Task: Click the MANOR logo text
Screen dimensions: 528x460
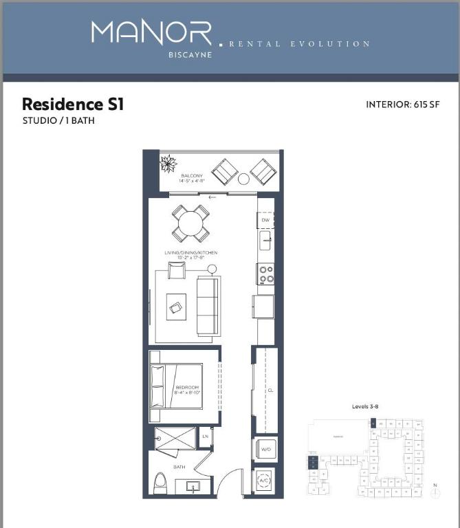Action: click(151, 34)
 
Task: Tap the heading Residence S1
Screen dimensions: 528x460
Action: click(73, 104)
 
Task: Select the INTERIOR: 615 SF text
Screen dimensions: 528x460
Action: click(402, 105)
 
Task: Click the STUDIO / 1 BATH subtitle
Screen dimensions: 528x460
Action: click(58, 121)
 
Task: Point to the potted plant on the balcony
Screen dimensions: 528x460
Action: click(168, 164)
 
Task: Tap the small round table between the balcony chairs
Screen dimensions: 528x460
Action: click(243, 179)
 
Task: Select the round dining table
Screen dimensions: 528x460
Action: click(190, 223)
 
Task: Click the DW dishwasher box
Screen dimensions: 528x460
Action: click(265, 220)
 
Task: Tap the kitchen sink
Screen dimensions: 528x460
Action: click(265, 241)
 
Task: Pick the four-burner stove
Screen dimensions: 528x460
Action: click(265, 274)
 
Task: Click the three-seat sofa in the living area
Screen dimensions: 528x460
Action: click(208, 306)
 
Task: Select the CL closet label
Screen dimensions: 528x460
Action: click(270, 390)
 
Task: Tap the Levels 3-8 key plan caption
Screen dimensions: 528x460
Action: click(365, 406)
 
